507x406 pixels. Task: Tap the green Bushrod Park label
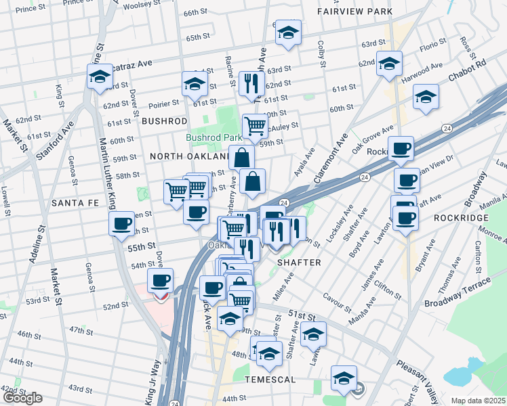click(214, 137)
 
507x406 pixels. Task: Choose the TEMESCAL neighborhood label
click(270, 380)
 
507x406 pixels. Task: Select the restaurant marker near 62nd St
click(251, 83)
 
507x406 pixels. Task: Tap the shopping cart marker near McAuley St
click(254, 125)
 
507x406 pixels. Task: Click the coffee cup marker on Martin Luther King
click(122, 223)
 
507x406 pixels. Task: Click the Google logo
click(22, 398)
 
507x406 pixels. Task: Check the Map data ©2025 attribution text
click(477, 401)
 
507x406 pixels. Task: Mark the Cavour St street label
click(336, 299)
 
